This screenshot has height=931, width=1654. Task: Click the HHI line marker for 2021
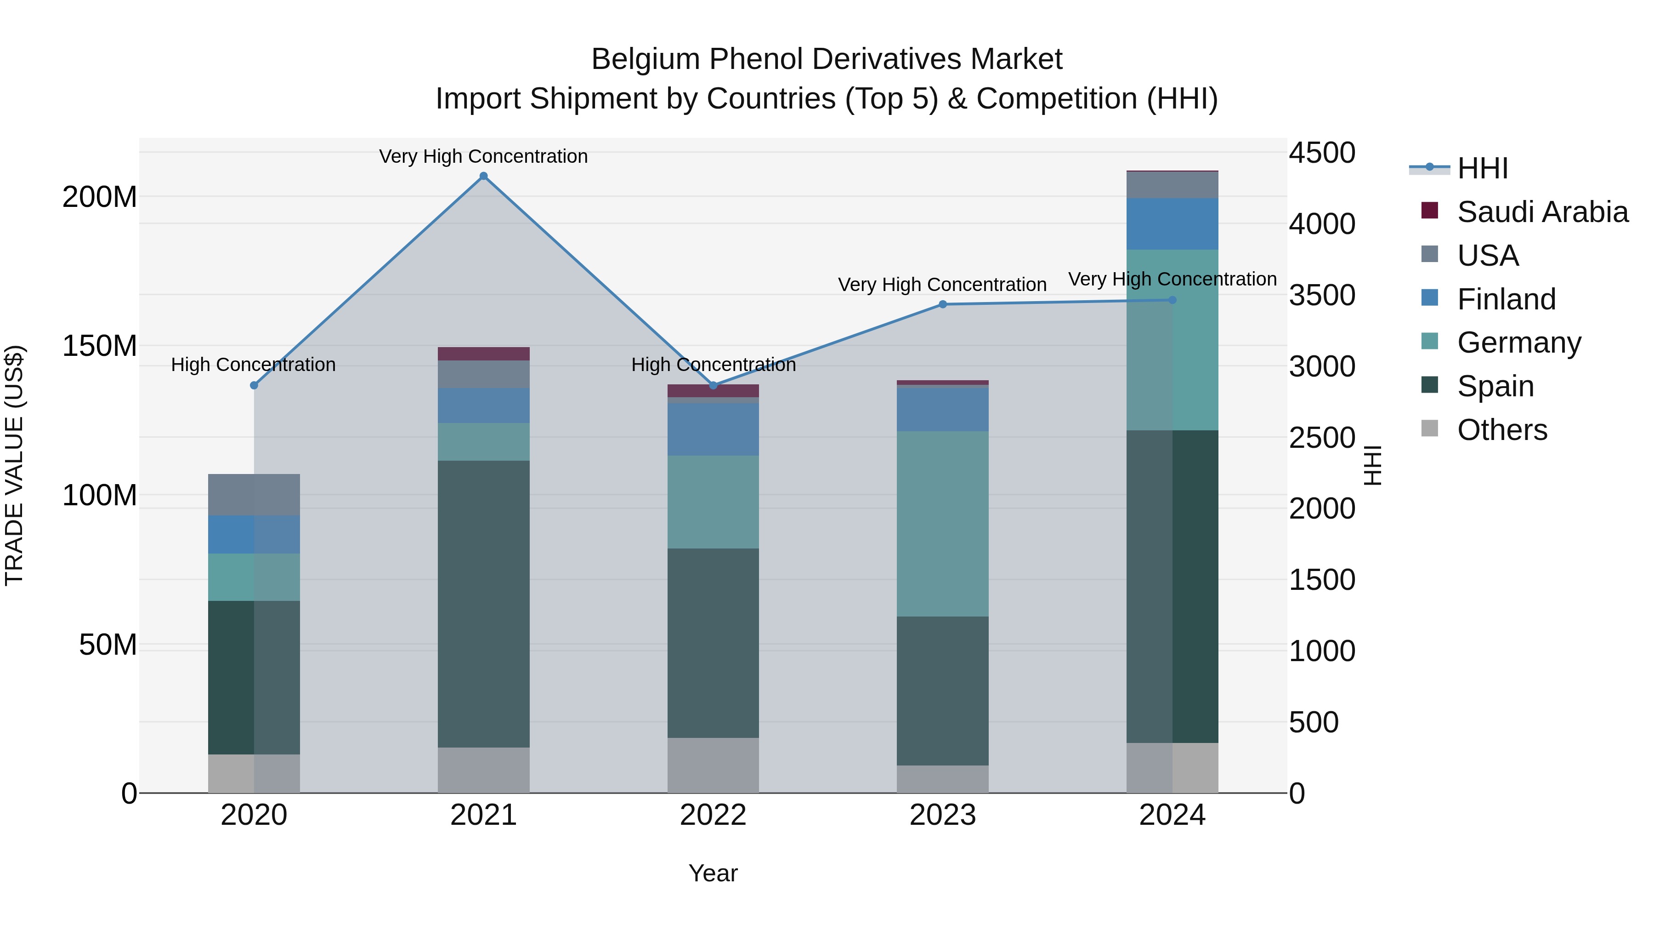[x=483, y=176]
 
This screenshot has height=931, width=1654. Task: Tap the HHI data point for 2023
[x=943, y=304]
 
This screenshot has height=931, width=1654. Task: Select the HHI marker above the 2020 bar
[x=254, y=386]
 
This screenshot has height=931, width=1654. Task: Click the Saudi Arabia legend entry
[x=1541, y=212]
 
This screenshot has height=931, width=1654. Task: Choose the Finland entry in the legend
[x=1506, y=299]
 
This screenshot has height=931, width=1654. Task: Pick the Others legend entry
[x=1501, y=430]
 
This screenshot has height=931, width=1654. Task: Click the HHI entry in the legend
[x=1482, y=168]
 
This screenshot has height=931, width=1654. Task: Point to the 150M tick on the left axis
[x=100, y=346]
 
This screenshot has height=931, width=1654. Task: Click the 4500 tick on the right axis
[x=1322, y=153]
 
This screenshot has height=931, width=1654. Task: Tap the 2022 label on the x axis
[x=713, y=815]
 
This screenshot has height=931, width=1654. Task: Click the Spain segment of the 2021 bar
[x=483, y=604]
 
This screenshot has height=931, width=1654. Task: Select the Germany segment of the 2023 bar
[x=943, y=524]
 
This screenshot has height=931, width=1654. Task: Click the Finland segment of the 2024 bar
[x=1173, y=223]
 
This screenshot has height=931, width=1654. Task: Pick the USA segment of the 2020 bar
[x=254, y=495]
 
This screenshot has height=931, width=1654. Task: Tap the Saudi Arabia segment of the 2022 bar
[x=713, y=391]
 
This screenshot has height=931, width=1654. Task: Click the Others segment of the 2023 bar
[x=943, y=779]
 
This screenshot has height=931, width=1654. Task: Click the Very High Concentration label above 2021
[x=483, y=156]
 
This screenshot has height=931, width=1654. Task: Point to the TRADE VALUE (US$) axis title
[x=14, y=465]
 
